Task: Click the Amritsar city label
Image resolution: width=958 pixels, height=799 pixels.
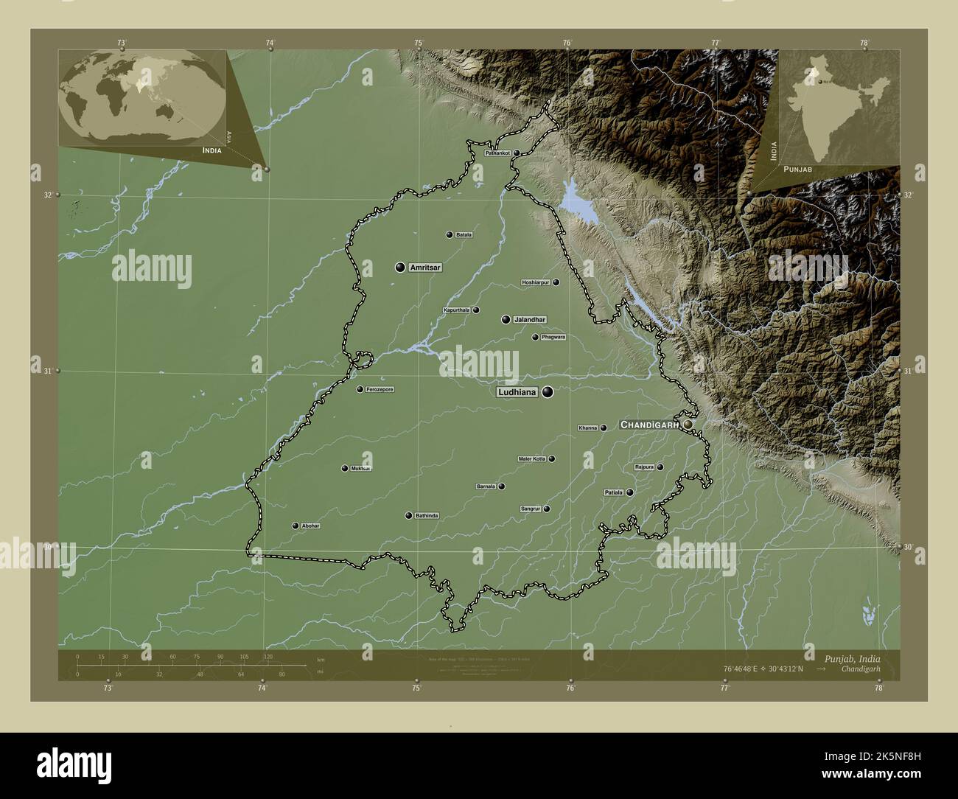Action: click(425, 268)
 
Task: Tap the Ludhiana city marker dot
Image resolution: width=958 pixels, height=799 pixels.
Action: click(548, 392)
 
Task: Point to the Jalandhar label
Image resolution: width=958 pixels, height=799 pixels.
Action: click(530, 320)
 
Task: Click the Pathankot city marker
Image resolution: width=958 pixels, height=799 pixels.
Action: click(517, 153)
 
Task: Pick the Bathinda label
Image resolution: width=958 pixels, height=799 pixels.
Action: click(427, 515)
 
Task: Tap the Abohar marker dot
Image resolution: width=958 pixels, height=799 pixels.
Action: click(296, 526)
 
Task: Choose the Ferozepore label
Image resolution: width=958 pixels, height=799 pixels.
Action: click(380, 389)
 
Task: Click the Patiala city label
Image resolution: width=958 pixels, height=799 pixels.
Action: click(614, 492)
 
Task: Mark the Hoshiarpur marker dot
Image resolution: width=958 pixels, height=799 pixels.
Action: click(556, 282)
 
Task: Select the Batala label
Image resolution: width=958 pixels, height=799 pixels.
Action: click(464, 235)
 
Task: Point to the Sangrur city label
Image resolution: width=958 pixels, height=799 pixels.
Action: click(531, 509)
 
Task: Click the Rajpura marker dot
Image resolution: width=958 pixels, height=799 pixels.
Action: click(660, 467)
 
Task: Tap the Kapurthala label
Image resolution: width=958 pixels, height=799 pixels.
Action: click(456, 310)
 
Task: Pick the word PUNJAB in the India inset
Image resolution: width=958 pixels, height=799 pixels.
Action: click(798, 170)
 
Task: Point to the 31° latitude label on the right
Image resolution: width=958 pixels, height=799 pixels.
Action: click(907, 371)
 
